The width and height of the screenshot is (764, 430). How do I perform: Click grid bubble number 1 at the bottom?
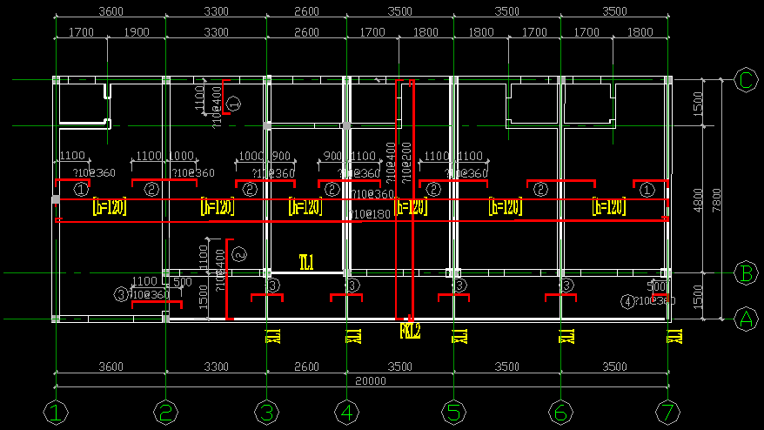pyautogui.click(x=56, y=413)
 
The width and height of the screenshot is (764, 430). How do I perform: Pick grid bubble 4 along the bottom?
pyautogui.click(x=346, y=413)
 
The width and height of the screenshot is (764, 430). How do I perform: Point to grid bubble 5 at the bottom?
pyautogui.click(x=452, y=413)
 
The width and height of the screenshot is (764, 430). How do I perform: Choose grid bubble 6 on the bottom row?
pyautogui.click(x=560, y=413)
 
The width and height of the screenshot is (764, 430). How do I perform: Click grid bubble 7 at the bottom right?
pyautogui.click(x=667, y=413)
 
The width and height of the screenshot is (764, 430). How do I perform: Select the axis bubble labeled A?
pyautogui.click(x=746, y=319)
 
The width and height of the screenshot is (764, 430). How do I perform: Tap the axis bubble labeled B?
pyautogui.click(x=746, y=272)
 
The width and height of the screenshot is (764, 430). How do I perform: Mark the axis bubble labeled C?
pyautogui.click(x=746, y=79)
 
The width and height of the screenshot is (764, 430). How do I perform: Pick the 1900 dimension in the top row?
pyautogui.click(x=137, y=32)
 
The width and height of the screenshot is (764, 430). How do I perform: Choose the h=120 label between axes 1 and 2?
pyautogui.click(x=109, y=207)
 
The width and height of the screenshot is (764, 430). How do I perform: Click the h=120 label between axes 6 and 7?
pyautogui.click(x=609, y=207)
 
